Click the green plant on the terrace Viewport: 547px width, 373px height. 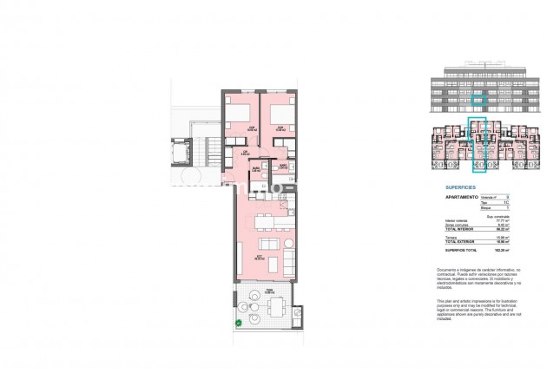[x=238, y=324]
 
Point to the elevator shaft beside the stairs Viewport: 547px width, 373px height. [x=184, y=154]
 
